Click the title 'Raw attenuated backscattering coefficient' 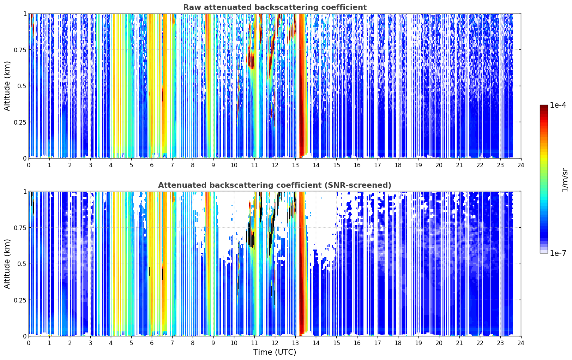[x=275, y=7]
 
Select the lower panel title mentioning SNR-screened [x=275, y=185]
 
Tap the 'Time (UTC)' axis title [x=275, y=352]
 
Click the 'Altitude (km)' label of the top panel [x=7, y=86]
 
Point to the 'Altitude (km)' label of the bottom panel [x=7, y=264]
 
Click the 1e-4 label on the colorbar [x=558, y=105]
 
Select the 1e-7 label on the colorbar [x=558, y=253]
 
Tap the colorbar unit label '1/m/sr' [x=565, y=180]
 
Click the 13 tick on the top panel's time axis [x=295, y=165]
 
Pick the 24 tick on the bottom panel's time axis [x=521, y=343]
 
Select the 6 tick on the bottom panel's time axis [x=152, y=343]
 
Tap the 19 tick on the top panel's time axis [x=419, y=165]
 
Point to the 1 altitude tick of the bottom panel [x=25, y=192]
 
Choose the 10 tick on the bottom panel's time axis [x=234, y=343]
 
